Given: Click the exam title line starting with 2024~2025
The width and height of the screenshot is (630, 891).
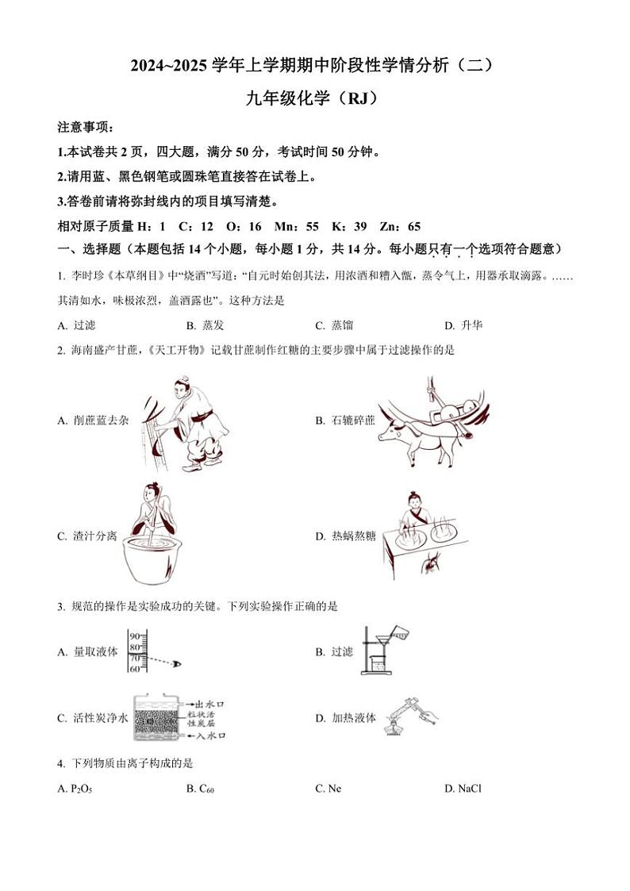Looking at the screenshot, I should click(314, 67).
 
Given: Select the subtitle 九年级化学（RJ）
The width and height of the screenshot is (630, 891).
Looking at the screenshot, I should click(314, 99).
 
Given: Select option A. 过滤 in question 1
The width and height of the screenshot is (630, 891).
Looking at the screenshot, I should click(77, 325).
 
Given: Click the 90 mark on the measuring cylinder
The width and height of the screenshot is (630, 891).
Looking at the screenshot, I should click(134, 636).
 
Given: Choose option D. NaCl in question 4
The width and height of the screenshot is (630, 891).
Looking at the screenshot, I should click(463, 788).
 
